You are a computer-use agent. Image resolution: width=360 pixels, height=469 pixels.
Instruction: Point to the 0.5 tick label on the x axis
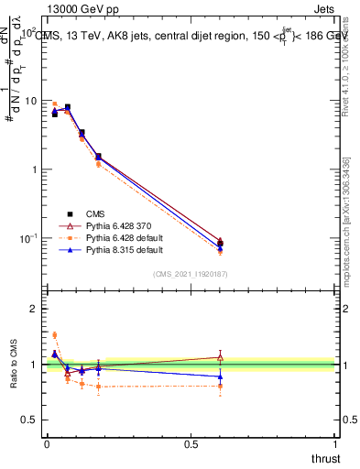(x=191, y=445)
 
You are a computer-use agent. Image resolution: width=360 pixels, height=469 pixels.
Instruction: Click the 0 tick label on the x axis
(x=46, y=445)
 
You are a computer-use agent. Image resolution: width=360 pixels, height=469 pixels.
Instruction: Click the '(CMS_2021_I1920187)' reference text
(x=191, y=273)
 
